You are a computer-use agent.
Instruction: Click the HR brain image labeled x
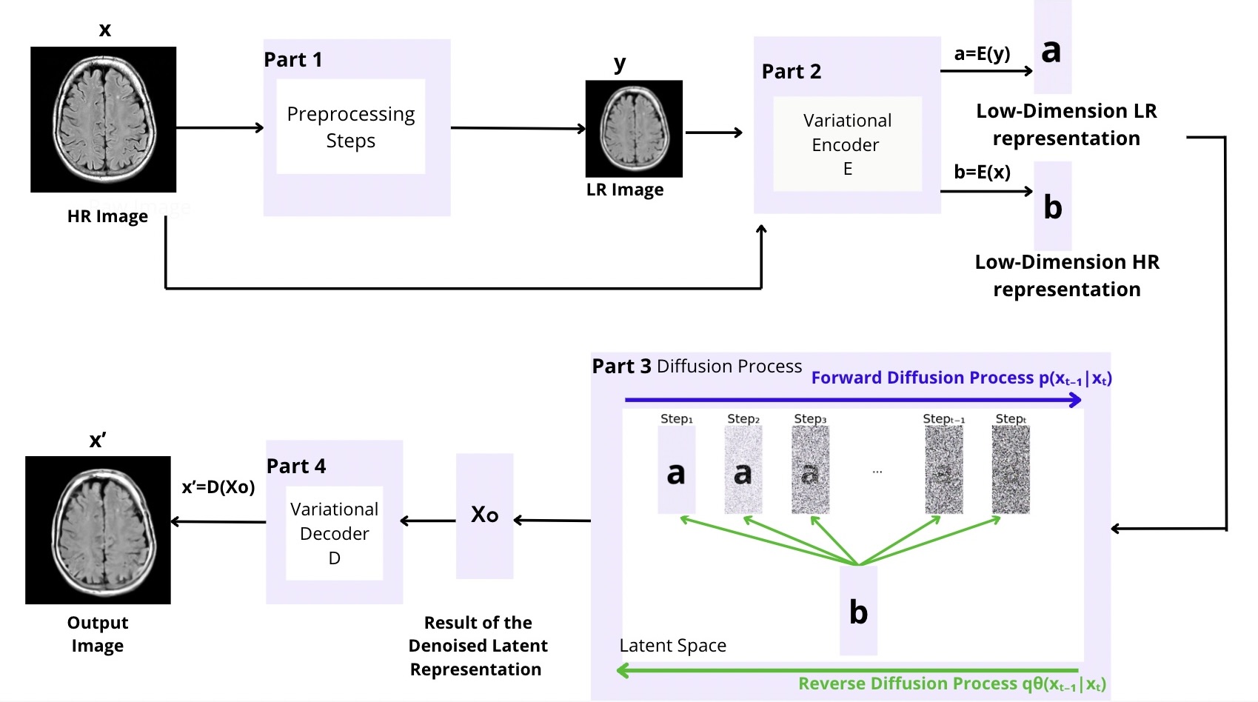(103, 119)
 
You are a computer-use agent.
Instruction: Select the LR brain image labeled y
(634, 129)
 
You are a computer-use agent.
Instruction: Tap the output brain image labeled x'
(98, 529)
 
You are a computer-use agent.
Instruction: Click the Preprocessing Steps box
(350, 127)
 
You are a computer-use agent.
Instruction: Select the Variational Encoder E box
(847, 144)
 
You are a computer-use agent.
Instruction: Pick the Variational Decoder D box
(334, 533)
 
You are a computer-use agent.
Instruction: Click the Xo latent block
(484, 515)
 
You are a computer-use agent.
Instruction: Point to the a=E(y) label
(982, 53)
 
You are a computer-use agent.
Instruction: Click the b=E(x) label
(982, 172)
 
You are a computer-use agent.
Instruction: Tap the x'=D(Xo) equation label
(218, 487)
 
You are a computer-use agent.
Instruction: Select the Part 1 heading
(293, 59)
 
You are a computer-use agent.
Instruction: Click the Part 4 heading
(296, 466)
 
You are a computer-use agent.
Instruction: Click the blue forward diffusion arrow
(852, 400)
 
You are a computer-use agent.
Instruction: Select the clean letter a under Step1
(676, 472)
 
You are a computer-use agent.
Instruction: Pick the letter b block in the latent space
(858, 612)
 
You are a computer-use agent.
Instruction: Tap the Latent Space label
(672, 645)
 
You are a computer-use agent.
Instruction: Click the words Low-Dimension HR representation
(1067, 275)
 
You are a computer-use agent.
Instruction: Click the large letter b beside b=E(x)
(1052, 207)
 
